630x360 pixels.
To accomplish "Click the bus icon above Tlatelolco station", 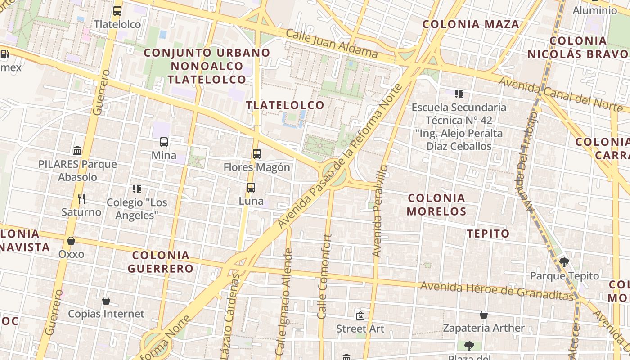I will tap(117, 11).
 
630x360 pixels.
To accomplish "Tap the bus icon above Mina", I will tap(164, 142).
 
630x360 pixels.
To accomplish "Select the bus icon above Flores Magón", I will tap(257, 154).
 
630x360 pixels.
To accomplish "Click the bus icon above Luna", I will tap(251, 188).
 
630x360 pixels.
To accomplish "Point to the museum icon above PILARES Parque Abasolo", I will tap(77, 150).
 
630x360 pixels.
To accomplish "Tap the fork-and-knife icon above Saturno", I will tap(81, 198).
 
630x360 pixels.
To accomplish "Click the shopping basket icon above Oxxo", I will tap(71, 241).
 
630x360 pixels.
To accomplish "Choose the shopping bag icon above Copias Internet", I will tap(106, 300).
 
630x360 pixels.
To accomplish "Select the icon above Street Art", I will tap(360, 315).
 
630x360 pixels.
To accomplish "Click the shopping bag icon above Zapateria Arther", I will tap(484, 315).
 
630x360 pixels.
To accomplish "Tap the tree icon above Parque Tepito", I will tap(564, 262).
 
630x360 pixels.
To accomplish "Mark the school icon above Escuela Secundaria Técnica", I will tap(459, 94).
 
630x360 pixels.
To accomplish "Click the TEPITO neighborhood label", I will tap(488, 234).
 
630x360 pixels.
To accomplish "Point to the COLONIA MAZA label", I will tap(471, 24).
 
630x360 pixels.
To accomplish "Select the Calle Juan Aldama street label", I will tap(332, 44).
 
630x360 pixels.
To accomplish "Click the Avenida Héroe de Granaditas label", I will tap(497, 290).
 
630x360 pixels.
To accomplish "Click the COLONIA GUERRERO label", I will tap(161, 262).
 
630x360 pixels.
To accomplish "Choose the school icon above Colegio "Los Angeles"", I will tap(137, 189).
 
